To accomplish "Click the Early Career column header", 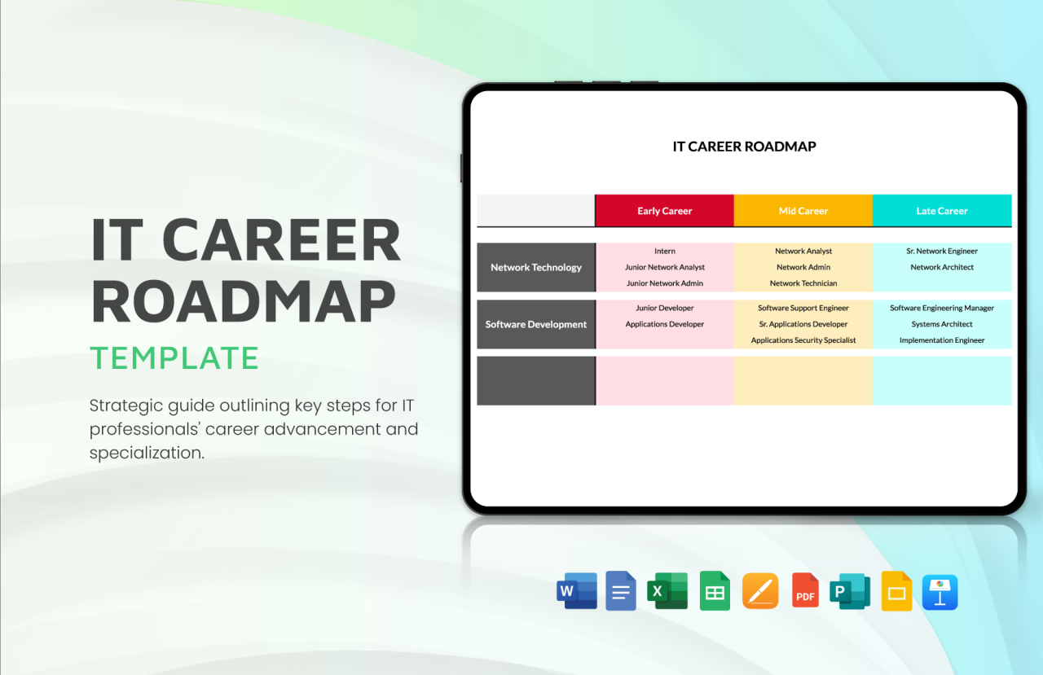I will click(x=664, y=211).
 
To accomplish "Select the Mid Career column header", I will click(x=803, y=211).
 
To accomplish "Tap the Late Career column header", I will click(x=942, y=211).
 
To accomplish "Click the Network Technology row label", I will click(x=535, y=267).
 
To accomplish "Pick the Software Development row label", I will click(x=535, y=324).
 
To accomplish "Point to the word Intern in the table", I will click(x=664, y=251).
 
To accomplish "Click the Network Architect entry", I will click(x=942, y=267).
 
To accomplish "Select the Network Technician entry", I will click(x=803, y=283).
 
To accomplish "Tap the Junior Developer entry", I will click(x=664, y=308).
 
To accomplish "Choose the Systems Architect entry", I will click(x=942, y=324).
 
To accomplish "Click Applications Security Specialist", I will click(x=803, y=340).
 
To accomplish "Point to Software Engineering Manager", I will click(x=942, y=308).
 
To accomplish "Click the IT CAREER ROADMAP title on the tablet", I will click(x=744, y=147).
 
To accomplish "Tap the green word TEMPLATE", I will click(x=174, y=358).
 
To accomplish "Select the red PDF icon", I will click(x=805, y=591).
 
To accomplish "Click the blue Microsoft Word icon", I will click(x=576, y=591).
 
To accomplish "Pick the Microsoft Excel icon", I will click(x=667, y=591).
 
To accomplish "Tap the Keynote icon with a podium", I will click(x=940, y=592).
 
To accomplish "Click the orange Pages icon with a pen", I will click(x=759, y=591).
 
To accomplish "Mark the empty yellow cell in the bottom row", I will click(x=803, y=380).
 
